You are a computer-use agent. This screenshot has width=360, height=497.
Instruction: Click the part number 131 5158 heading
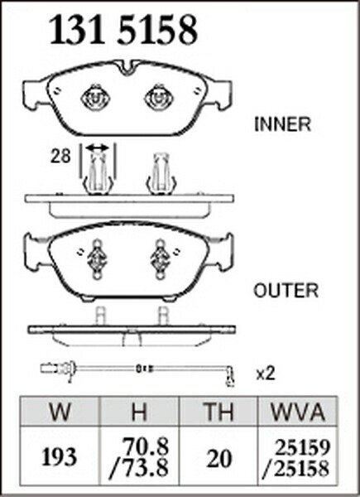pos(124,30)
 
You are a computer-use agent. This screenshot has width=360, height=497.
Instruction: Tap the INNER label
pos(282,124)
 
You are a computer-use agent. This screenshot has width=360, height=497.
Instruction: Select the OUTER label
pos(286,291)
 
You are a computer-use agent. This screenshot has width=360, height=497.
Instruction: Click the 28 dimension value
pos(60,157)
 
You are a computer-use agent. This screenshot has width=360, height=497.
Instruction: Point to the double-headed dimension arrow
pos(98,147)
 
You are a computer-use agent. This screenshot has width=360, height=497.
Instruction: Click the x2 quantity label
pos(266,374)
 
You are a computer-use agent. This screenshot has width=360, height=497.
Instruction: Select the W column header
pos(60,412)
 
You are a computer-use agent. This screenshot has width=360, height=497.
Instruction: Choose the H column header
pos(139,412)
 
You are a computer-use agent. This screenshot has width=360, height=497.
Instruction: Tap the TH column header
pos(218,412)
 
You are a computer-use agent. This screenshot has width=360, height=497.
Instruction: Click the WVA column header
pos(298,412)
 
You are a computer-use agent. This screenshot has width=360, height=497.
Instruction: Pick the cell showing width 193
pos(60,457)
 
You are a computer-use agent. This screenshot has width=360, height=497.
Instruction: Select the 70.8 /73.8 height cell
pos(139,456)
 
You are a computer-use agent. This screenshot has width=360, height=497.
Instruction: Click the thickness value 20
pos(218,459)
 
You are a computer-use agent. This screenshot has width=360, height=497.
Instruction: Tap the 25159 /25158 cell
pos(298,458)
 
